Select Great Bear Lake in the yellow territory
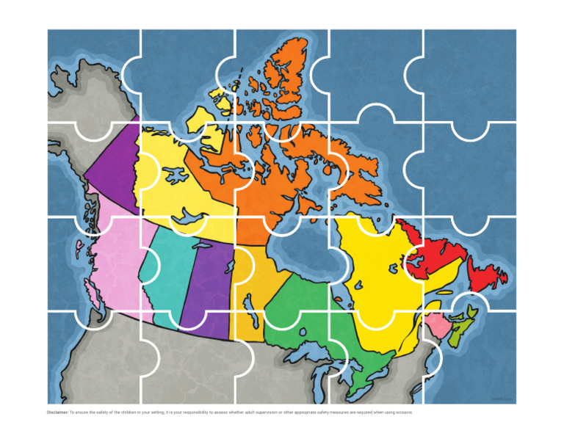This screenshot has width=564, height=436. pyautogui.click(x=175, y=175)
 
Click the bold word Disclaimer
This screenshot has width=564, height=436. pyautogui.click(x=58, y=413)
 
